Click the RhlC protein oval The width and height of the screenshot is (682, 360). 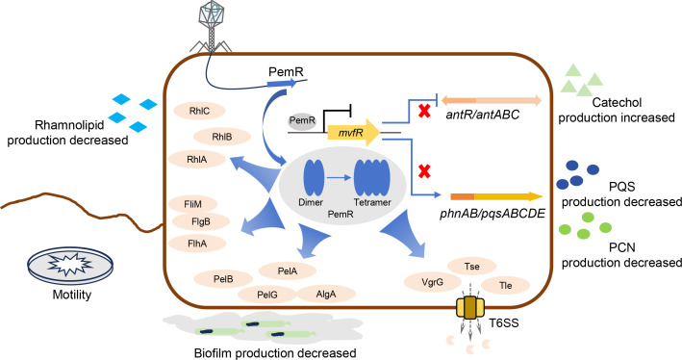pyautogui.click(x=199, y=111)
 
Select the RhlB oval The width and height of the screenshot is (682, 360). pyautogui.click(x=222, y=137)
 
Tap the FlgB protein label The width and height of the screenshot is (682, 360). pyautogui.click(x=200, y=222)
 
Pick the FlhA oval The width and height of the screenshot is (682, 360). pyautogui.click(x=197, y=244)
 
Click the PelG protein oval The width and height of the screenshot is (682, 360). pyautogui.click(x=267, y=295)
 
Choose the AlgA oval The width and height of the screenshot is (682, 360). pyautogui.click(x=326, y=295)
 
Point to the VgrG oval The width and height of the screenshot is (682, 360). pyautogui.click(x=432, y=282)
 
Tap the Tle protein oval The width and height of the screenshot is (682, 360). pyautogui.click(x=505, y=286)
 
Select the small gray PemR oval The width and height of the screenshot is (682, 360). pyautogui.click(x=302, y=120)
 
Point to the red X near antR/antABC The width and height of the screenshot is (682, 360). pyautogui.click(x=424, y=111)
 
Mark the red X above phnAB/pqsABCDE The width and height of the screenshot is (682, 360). pyautogui.click(x=424, y=171)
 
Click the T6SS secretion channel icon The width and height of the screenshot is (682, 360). pyautogui.click(x=470, y=308)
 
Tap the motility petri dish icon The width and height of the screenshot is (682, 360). pyautogui.click(x=70, y=264)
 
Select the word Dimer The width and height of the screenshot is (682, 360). pyautogui.click(x=311, y=202)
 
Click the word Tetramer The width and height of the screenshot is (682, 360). pyautogui.click(x=372, y=202)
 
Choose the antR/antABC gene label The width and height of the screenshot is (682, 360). pyautogui.click(x=483, y=116)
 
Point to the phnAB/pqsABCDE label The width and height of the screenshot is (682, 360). pyautogui.click(x=492, y=214)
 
